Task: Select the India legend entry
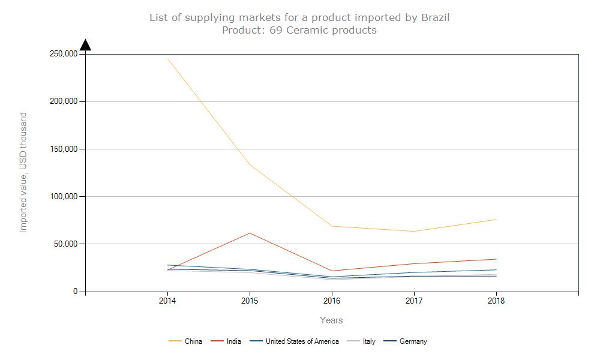(234, 341)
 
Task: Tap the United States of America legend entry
(302, 341)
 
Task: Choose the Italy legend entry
(369, 341)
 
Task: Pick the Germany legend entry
(413, 341)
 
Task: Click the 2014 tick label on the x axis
(167, 301)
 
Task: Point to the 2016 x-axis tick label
(331, 301)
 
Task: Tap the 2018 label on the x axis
(496, 301)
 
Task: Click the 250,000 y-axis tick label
(63, 54)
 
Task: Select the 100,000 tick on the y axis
(63, 197)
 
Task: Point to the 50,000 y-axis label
(65, 244)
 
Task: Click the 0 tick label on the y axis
(76, 292)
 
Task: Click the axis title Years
(331, 320)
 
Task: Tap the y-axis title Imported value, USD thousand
(24, 173)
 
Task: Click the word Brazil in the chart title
(436, 17)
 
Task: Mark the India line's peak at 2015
(249, 233)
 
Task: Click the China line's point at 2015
(249, 164)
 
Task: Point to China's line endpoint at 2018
(496, 220)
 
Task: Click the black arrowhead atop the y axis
(85, 45)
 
